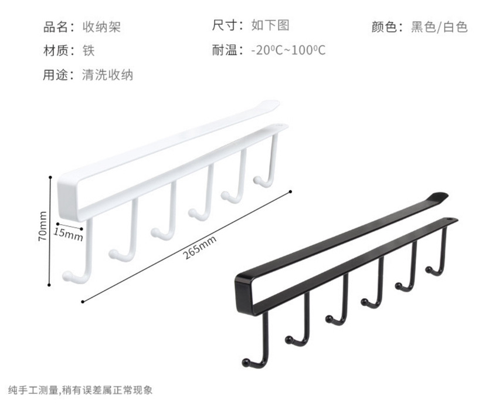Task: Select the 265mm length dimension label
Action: tap(199, 248)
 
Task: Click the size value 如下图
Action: tap(270, 25)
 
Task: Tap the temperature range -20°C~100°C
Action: tap(288, 50)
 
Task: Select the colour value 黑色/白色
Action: tap(439, 27)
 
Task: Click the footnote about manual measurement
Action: tap(80, 390)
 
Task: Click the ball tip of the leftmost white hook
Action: tap(67, 275)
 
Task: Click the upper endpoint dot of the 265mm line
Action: tap(290, 191)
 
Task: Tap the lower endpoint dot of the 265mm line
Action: tap(83, 302)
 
